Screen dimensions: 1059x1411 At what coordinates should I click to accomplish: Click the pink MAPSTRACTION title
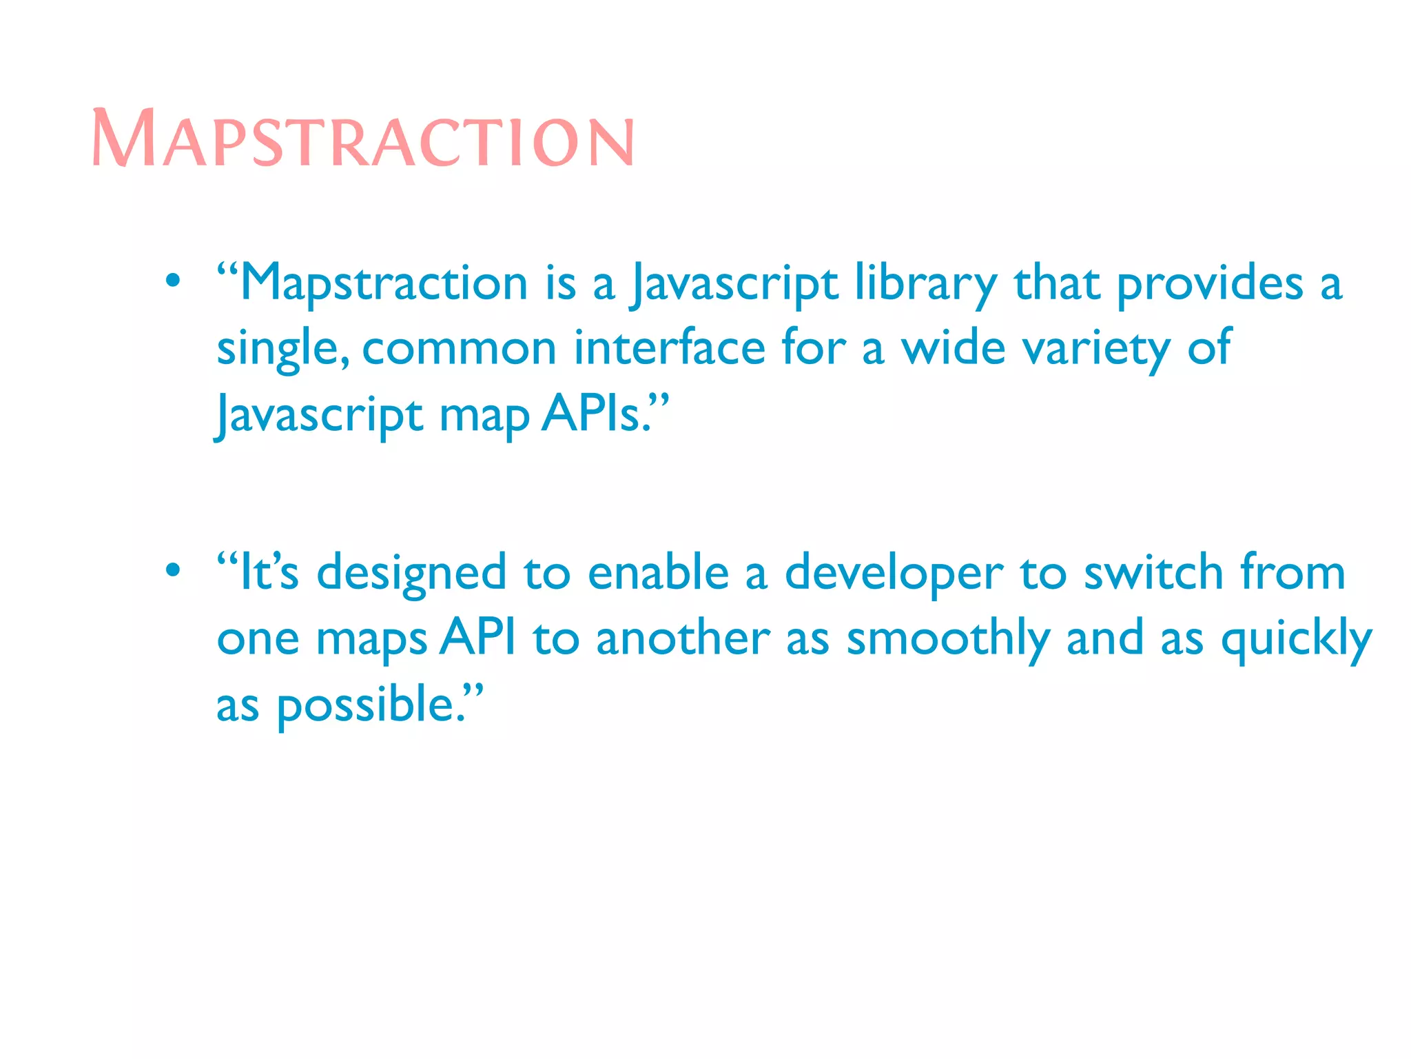click(362, 139)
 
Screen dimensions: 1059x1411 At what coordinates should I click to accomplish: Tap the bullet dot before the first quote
click(173, 281)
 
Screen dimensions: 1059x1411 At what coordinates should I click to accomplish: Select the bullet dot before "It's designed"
click(173, 570)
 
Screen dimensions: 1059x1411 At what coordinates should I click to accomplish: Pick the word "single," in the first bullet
click(282, 349)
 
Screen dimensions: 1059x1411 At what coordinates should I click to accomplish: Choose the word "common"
click(459, 349)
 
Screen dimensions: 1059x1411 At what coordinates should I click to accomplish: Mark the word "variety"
click(1096, 349)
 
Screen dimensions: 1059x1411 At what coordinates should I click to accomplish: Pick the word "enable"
click(658, 572)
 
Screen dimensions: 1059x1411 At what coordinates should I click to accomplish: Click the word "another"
click(683, 638)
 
